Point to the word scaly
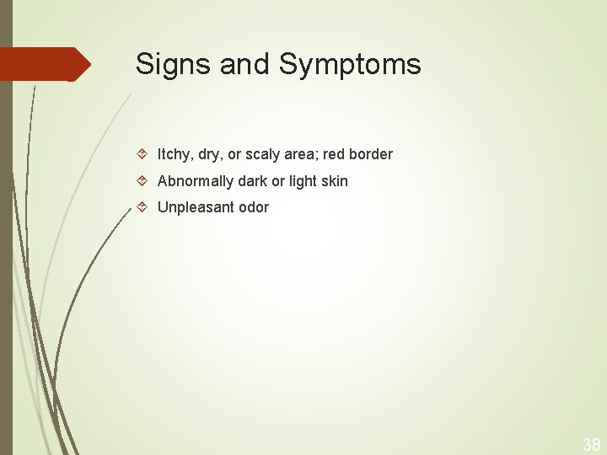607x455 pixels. pos(262,155)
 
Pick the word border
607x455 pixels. pos(372,154)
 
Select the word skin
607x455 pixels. pos(332,180)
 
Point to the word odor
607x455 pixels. pos(254,207)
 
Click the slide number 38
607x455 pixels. pos(591,444)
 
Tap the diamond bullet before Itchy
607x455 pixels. pos(142,154)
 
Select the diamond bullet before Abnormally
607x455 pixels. pos(142,180)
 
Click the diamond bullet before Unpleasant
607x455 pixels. pos(142,206)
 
